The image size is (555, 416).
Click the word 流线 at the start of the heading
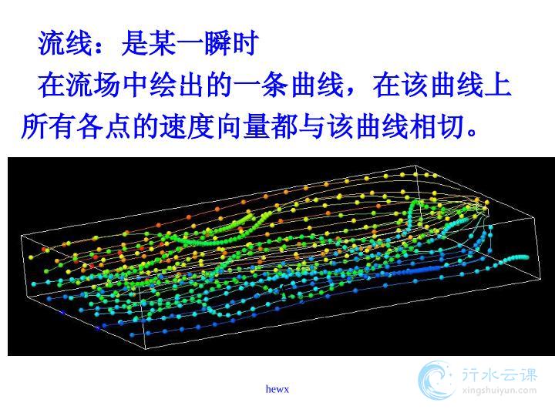(66, 43)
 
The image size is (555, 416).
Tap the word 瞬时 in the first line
(231, 43)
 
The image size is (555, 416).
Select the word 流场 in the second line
(93, 85)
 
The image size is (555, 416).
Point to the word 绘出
(177, 85)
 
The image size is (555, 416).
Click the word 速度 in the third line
(187, 126)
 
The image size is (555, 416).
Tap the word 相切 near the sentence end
(436, 126)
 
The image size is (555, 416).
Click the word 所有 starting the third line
(49, 126)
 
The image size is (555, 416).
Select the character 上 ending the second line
(498, 85)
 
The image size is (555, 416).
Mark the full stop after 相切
(472, 132)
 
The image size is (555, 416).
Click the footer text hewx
(277, 389)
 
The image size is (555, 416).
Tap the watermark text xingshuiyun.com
(499, 391)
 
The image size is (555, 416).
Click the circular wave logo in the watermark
(437, 381)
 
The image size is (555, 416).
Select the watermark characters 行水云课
(499, 374)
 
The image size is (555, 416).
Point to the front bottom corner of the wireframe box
(146, 349)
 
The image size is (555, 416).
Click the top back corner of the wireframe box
(415, 165)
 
